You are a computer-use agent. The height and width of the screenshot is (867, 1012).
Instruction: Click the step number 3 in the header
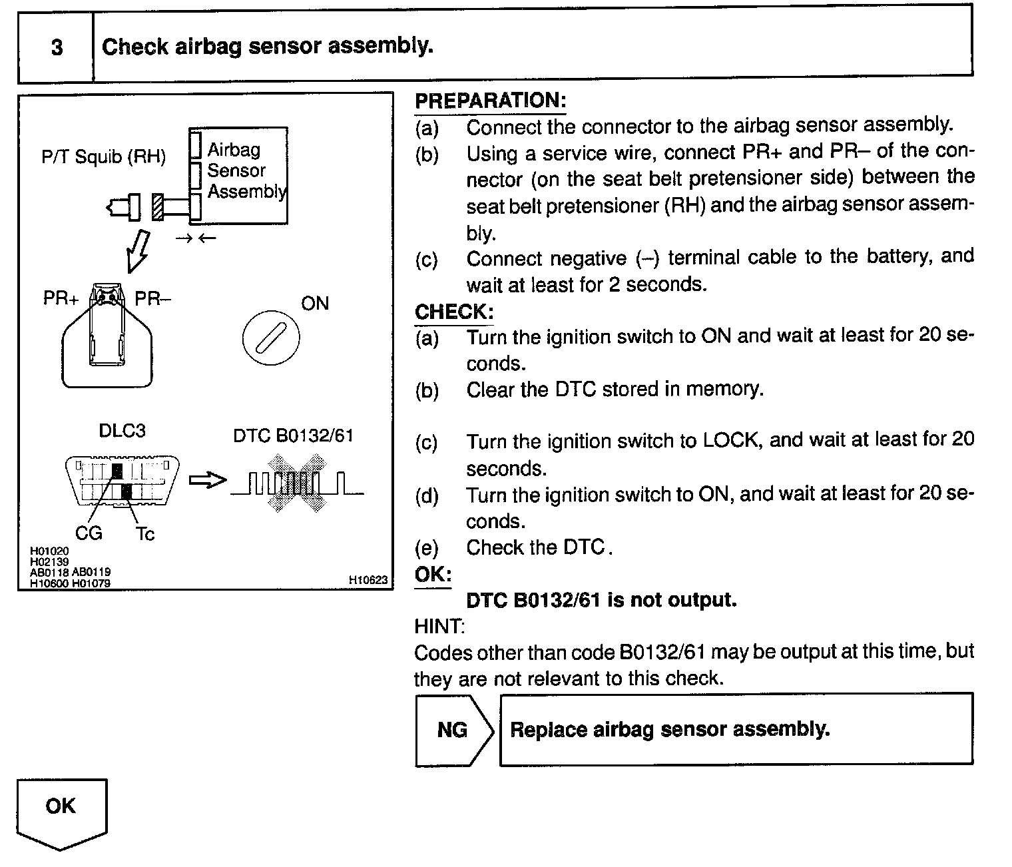(57, 47)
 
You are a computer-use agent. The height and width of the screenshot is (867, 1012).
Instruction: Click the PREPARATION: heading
(490, 101)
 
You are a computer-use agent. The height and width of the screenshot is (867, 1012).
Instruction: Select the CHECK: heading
(454, 312)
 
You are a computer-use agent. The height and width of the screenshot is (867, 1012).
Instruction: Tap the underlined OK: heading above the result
(433, 574)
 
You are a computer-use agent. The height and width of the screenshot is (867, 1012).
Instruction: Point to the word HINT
(439, 626)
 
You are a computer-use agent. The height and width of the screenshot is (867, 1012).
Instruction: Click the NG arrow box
(454, 730)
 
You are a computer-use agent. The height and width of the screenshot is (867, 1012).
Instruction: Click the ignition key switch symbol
(271, 338)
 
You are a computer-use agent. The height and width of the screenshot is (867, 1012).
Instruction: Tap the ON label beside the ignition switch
(315, 304)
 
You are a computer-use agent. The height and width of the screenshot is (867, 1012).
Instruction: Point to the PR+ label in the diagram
(61, 298)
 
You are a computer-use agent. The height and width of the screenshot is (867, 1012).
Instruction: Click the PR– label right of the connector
(152, 298)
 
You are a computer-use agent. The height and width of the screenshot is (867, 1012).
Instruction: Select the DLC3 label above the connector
(122, 431)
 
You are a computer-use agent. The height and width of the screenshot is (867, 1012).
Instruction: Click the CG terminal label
(89, 533)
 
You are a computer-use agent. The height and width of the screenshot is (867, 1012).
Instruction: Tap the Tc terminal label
(145, 534)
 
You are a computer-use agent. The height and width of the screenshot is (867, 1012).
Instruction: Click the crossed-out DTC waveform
(297, 483)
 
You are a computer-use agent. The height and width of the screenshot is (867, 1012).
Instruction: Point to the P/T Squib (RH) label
(103, 157)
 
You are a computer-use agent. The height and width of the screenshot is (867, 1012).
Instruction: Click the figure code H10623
(368, 580)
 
